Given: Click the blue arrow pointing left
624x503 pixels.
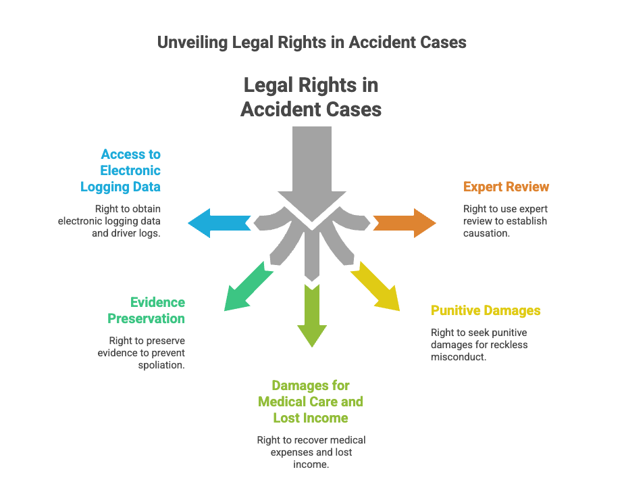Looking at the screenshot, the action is click(x=219, y=223).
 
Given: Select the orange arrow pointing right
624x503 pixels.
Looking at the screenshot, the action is click(x=405, y=223).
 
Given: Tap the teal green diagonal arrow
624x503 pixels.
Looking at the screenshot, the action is click(x=248, y=287).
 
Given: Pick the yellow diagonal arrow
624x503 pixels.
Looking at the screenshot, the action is click(x=375, y=287).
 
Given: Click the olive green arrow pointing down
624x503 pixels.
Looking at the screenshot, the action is click(x=312, y=316).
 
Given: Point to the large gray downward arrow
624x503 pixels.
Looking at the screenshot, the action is click(x=312, y=174).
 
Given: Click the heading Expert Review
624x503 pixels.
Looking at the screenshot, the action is click(x=506, y=187).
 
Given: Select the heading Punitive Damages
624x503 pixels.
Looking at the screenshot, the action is click(x=486, y=310).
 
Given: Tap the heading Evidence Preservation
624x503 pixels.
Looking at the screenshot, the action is click(x=146, y=310).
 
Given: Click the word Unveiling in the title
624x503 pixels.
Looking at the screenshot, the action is click(x=192, y=42).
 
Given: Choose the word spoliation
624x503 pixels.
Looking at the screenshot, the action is click(x=161, y=365).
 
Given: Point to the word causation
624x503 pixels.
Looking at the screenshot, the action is click(x=486, y=233).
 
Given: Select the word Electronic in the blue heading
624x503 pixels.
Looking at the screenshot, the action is click(x=130, y=170).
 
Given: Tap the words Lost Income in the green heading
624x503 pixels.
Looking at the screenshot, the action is click(x=311, y=418).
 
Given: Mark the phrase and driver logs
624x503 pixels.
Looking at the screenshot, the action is click(x=126, y=233).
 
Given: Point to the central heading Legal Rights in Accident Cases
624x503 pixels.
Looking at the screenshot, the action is click(x=311, y=97).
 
